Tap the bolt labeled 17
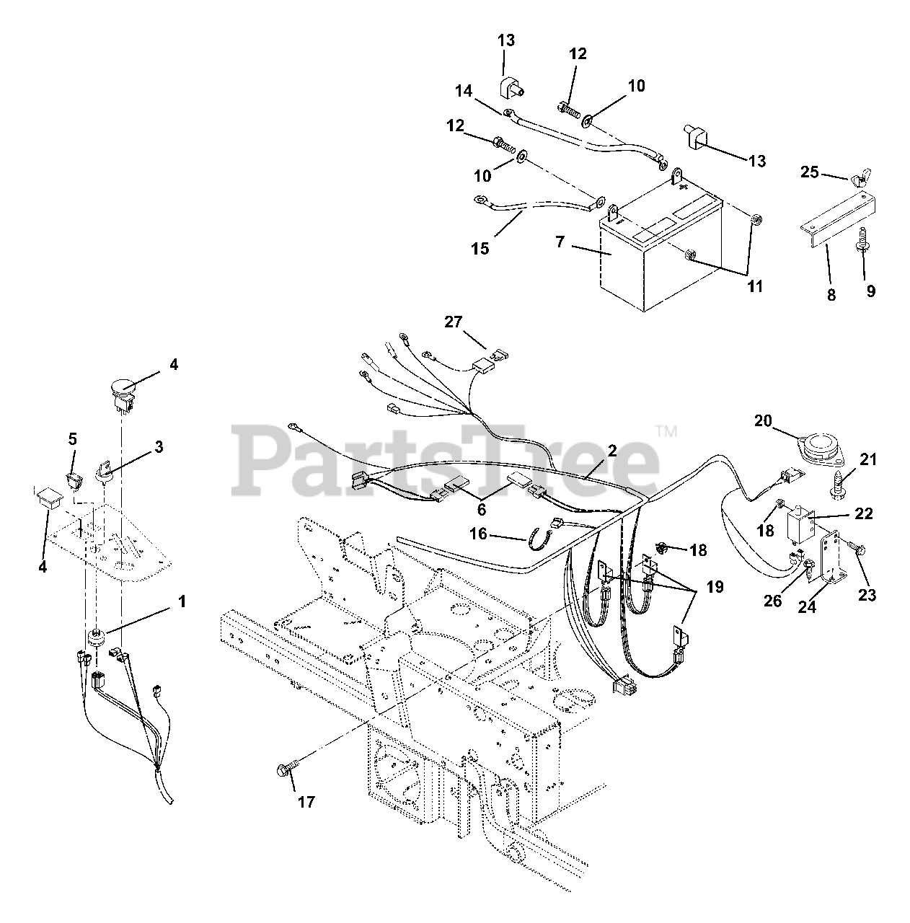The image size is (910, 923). click(283, 770)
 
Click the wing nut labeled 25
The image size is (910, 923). click(862, 194)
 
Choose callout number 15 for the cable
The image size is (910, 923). click(480, 249)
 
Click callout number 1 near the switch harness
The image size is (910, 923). click(182, 601)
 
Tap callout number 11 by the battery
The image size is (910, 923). click(755, 287)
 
